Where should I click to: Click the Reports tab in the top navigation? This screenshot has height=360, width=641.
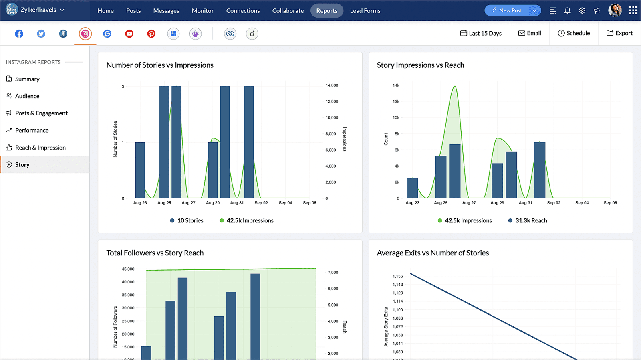pos(327,10)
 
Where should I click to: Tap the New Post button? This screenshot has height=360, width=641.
pos(507,10)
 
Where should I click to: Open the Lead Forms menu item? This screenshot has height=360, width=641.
pos(365,10)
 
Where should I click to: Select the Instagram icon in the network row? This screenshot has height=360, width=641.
pos(85,34)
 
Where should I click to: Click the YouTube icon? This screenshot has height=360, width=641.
pos(129,34)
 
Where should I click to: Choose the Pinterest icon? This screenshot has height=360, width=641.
pos(151,34)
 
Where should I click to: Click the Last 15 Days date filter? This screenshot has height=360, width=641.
pos(481,33)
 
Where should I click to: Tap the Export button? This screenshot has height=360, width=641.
pos(619,33)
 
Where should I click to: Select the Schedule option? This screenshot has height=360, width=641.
pos(574,33)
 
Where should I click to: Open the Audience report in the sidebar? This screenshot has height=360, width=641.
pos(27,96)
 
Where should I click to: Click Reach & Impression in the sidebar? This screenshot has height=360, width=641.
pos(40,148)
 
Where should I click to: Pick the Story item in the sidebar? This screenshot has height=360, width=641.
pos(22,165)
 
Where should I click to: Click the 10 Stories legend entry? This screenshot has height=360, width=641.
pos(187,220)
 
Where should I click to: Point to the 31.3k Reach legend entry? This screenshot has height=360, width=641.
pos(528,220)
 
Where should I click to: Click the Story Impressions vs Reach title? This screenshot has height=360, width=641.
pos(420,65)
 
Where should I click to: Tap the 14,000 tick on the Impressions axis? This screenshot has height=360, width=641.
pos(332,85)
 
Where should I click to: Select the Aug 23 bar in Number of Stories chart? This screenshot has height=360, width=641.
pos(140,170)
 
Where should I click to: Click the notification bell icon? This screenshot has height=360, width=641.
pos(567,10)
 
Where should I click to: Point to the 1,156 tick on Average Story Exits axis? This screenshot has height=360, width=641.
pos(398,276)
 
